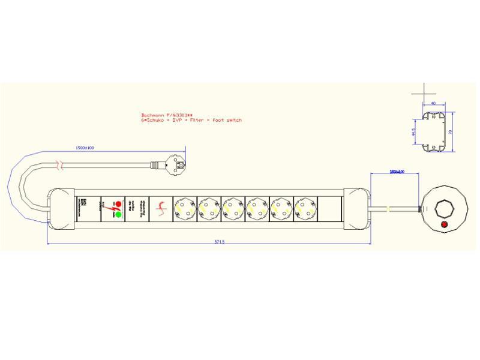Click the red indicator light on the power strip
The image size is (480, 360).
click(x=118, y=203)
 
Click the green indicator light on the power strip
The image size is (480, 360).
click(x=118, y=214)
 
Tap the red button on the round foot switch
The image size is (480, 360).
click(x=444, y=225)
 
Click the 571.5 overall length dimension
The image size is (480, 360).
click(x=220, y=242)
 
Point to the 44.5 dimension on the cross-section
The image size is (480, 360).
click(x=414, y=131)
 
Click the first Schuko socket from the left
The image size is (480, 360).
click(x=185, y=209)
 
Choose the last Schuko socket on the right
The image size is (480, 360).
click(x=305, y=209)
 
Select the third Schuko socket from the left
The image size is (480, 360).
click(x=233, y=209)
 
